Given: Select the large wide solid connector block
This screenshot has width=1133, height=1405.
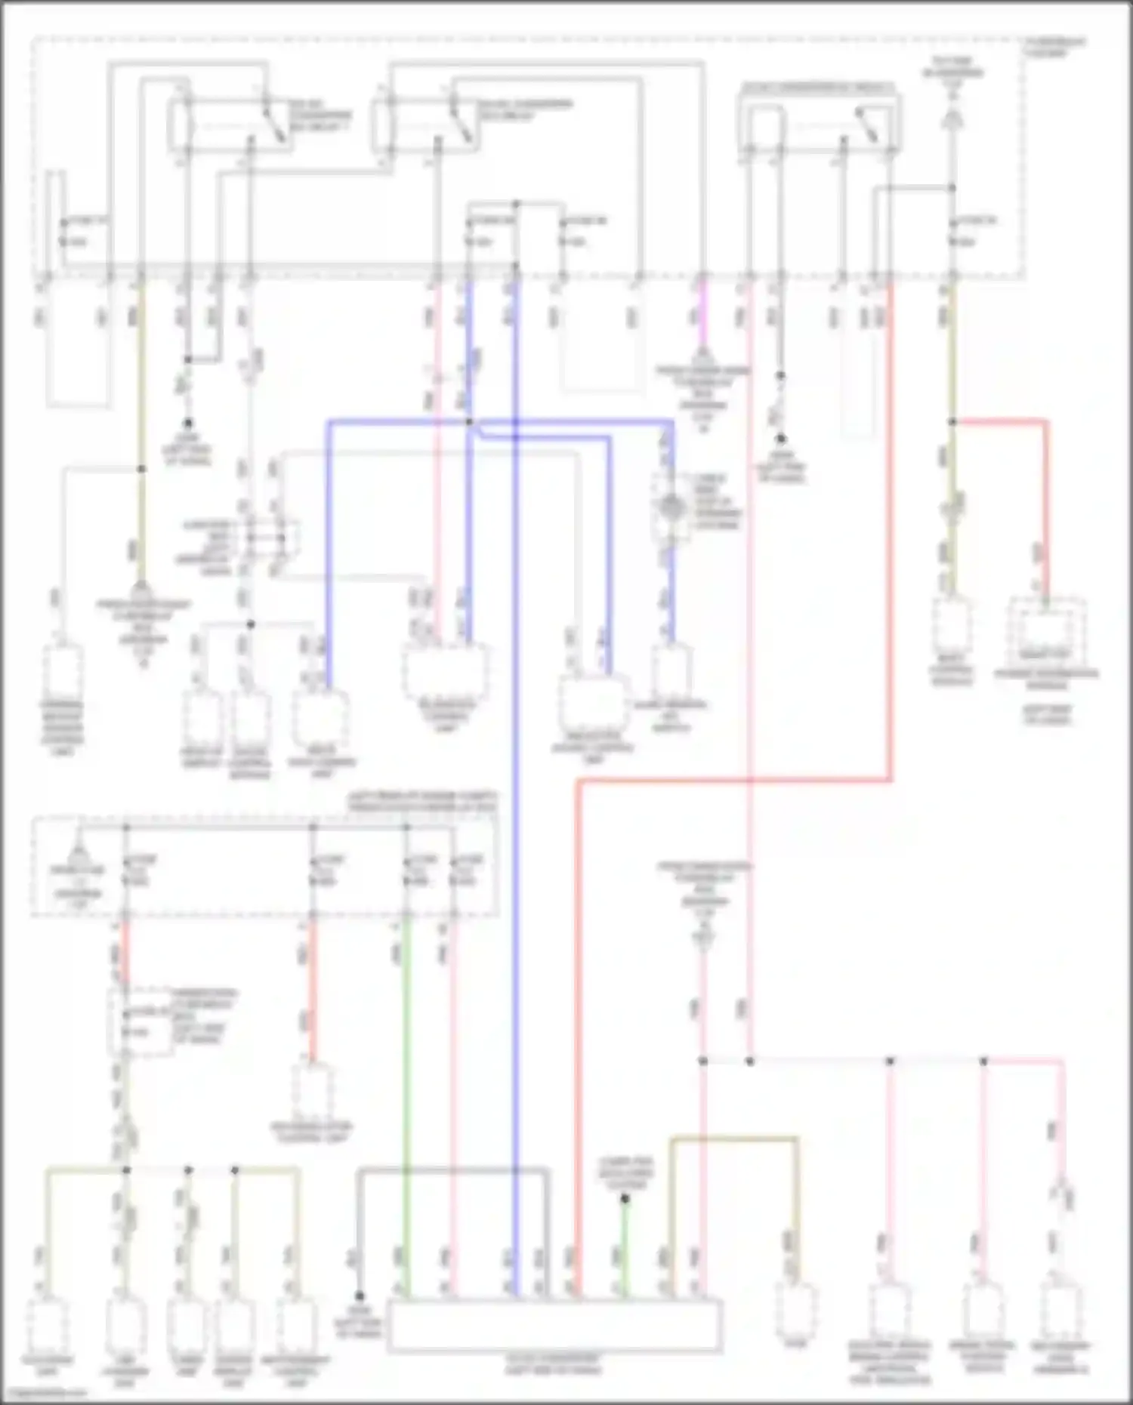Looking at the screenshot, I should click(555, 1325).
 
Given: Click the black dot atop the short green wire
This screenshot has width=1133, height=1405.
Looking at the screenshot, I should click(625, 1199).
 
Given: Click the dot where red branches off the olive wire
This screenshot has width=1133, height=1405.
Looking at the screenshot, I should click(952, 422).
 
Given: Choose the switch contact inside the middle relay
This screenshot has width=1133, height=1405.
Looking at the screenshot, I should click(461, 121).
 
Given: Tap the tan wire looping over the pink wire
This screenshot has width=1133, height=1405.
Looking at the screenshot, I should click(733, 1138).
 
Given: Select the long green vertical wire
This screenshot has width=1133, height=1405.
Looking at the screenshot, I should click(407, 1095).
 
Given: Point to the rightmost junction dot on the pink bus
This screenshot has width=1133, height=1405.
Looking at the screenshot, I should click(983, 1061).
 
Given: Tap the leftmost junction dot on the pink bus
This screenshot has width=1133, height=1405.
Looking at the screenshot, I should click(702, 1061).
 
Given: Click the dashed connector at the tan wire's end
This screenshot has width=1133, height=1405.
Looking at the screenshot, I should click(795, 1310).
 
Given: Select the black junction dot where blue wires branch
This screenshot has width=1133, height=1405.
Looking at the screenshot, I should click(469, 422).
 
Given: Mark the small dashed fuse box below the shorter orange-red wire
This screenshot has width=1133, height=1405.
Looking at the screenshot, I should click(140, 1023).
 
